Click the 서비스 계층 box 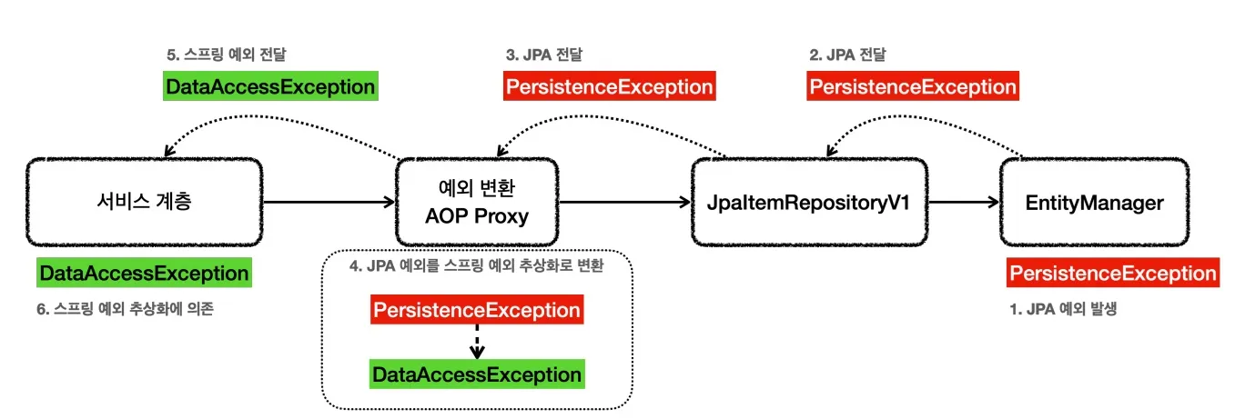tap(144, 202)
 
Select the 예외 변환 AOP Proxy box tap(477, 202)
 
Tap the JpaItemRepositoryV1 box tap(809, 202)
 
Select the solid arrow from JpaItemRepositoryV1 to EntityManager tap(963, 202)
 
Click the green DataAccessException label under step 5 tap(269, 87)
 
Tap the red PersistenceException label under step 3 tap(609, 87)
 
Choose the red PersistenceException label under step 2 tap(912, 87)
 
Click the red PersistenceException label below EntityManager tap(1112, 274)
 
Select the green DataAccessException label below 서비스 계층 tap(143, 274)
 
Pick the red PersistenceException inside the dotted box tap(476, 311)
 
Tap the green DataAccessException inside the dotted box tap(476, 374)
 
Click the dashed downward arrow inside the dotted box tap(476, 342)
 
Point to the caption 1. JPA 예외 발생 tap(1063, 309)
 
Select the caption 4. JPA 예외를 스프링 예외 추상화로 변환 tap(477, 268)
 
